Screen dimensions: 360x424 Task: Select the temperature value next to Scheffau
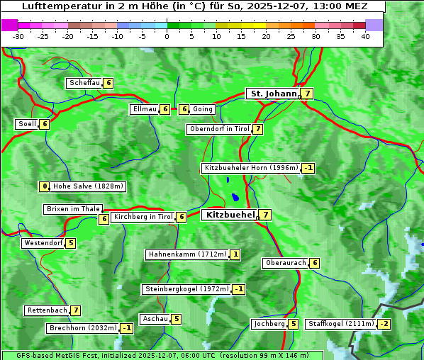(108, 83)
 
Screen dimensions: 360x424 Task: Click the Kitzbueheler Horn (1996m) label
(250, 168)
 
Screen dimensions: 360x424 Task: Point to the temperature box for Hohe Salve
(45, 186)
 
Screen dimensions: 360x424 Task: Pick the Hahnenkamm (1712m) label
(187, 254)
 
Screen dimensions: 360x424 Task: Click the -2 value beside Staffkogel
(384, 324)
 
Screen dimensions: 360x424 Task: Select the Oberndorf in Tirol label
(219, 129)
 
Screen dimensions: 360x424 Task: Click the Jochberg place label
(269, 324)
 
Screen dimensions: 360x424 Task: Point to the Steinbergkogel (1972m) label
(186, 289)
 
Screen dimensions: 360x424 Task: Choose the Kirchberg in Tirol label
(143, 217)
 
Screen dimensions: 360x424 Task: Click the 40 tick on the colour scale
(365, 36)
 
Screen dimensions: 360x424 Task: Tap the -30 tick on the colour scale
(18, 36)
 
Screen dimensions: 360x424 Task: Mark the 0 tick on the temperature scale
(167, 36)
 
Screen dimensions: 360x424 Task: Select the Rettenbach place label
(48, 310)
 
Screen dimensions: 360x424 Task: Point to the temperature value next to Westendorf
(70, 243)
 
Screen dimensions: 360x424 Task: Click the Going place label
(203, 109)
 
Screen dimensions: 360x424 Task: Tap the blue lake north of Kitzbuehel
(234, 198)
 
